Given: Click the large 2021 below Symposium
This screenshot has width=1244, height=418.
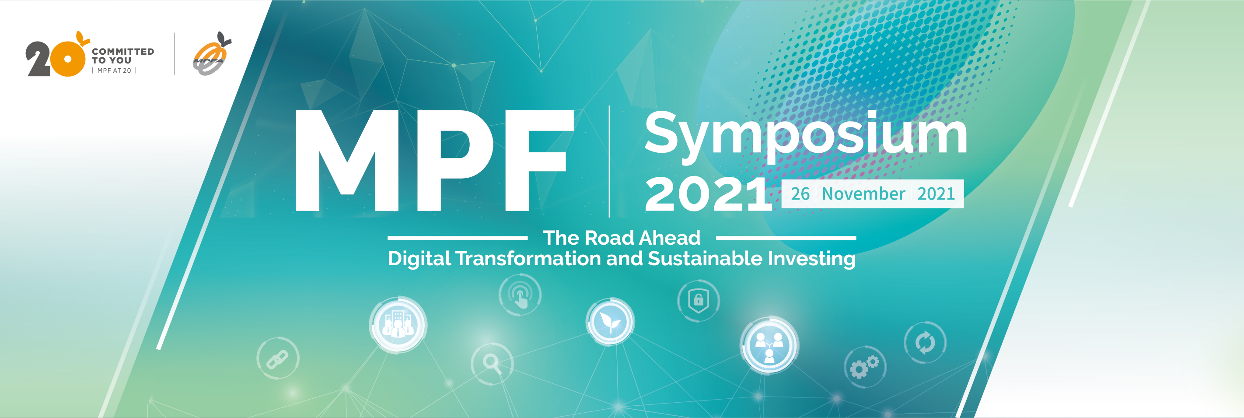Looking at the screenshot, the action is pyautogui.click(x=709, y=194).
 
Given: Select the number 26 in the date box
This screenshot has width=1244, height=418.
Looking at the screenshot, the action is pyautogui.click(x=800, y=194).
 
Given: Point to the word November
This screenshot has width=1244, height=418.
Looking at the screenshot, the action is pyautogui.click(x=863, y=194).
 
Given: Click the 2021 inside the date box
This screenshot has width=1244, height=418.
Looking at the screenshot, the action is pyautogui.click(x=936, y=194).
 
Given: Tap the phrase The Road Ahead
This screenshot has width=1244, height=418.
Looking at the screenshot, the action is pyautogui.click(x=622, y=237).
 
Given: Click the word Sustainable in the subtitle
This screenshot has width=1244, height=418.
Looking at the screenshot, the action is pyautogui.click(x=705, y=258).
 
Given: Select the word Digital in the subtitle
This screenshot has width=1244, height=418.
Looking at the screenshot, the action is pyautogui.click(x=419, y=259).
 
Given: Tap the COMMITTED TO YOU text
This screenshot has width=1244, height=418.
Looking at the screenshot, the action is pyautogui.click(x=122, y=56).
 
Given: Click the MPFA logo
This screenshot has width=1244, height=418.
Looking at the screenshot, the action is pyautogui.click(x=212, y=54).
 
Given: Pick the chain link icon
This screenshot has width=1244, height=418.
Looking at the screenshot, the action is pyautogui.click(x=278, y=358).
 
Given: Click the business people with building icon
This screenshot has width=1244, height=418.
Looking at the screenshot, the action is pyautogui.click(x=398, y=324).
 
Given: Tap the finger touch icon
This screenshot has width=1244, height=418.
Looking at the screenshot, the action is pyautogui.click(x=520, y=295).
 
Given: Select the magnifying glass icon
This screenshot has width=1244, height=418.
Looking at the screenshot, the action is pyautogui.click(x=492, y=363).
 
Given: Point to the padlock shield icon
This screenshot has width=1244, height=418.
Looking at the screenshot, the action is pyautogui.click(x=698, y=301).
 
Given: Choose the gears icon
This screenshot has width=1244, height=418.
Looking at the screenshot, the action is pyautogui.click(x=865, y=367).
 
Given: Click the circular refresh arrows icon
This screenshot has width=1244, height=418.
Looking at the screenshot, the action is pyautogui.click(x=925, y=343).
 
